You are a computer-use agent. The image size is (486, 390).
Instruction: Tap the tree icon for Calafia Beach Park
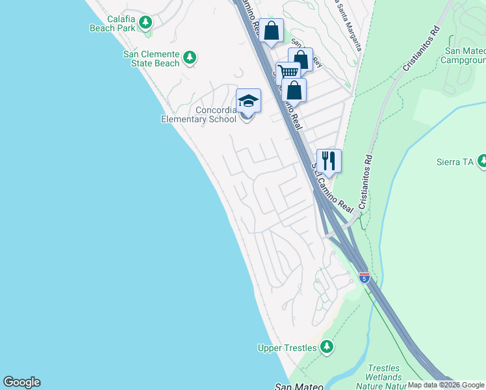tap(146, 23)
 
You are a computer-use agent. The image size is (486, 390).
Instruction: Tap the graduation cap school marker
tap(248, 101)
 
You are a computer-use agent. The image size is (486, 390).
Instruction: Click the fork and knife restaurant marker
tap(329, 160)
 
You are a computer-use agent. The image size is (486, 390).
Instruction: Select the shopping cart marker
tap(288, 72)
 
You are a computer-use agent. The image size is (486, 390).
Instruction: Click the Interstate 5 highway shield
tap(364, 278)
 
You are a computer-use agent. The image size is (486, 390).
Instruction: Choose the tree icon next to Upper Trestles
tap(327, 347)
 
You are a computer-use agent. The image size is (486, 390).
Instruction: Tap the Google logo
tap(21, 382)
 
